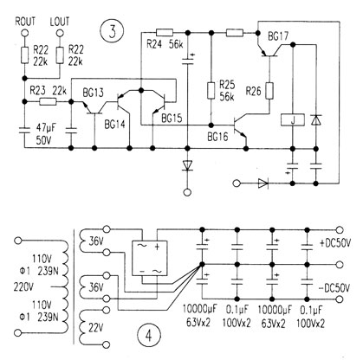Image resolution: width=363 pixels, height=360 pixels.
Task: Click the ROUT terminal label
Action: [25, 22]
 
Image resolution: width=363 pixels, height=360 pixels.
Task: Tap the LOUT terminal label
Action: [60, 22]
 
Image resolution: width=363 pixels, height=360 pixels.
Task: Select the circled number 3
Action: [113, 31]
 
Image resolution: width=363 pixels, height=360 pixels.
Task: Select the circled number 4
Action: [149, 336]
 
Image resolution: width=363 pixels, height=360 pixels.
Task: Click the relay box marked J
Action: [293, 120]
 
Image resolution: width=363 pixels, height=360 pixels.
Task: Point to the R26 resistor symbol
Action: [269, 91]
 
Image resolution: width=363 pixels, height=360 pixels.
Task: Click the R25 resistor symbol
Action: [211, 91]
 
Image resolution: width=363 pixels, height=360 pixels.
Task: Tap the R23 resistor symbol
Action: [48, 101]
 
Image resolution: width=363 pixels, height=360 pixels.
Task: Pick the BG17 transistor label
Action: [278, 37]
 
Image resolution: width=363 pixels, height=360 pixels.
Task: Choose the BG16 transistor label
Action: [217, 137]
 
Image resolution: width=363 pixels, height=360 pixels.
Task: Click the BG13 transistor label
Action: [93, 93]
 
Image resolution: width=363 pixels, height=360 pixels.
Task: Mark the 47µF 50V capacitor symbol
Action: [24, 130]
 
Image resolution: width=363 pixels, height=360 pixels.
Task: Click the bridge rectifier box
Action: [149, 258]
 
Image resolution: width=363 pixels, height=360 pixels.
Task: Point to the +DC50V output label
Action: [335, 243]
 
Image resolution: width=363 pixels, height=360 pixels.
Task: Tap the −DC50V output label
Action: [334, 288]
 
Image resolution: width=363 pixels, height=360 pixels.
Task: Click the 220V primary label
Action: [23, 287]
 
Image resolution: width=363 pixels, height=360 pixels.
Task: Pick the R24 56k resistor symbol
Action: [165, 32]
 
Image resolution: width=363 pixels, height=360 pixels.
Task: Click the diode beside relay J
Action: [316, 119]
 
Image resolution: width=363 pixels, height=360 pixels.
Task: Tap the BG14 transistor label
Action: [114, 125]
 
